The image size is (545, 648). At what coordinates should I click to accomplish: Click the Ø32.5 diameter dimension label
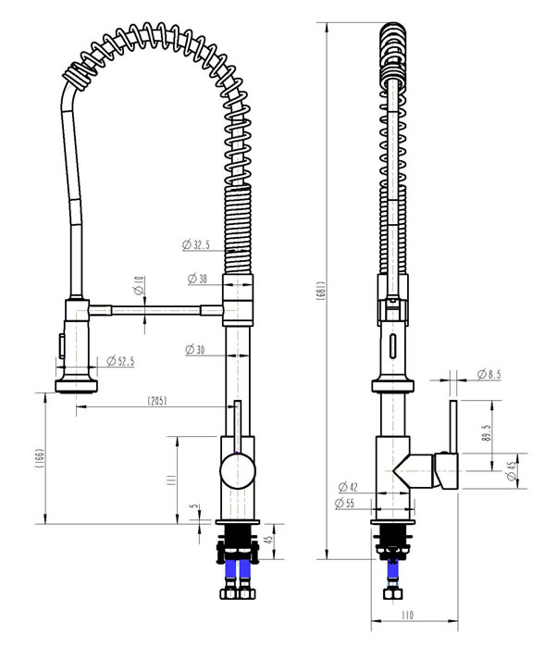(x=196, y=244)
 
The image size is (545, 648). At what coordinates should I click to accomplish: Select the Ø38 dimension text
(x=197, y=279)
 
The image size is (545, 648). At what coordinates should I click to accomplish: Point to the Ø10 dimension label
(x=139, y=285)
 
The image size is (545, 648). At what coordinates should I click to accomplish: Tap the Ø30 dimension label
(x=195, y=350)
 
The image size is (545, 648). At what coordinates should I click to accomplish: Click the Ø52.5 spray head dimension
(x=120, y=361)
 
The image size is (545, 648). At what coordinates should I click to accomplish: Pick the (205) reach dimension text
(x=157, y=401)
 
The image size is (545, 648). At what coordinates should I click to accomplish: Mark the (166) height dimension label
(x=40, y=457)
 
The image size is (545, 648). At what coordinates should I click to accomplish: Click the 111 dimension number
(x=171, y=480)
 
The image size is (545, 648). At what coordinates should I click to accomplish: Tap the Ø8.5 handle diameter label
(x=489, y=374)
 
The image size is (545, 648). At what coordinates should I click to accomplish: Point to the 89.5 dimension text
(x=486, y=433)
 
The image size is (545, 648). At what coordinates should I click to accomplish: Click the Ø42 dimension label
(x=348, y=487)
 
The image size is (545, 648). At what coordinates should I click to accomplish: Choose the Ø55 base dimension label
(x=344, y=503)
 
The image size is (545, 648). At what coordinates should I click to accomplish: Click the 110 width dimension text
(x=407, y=616)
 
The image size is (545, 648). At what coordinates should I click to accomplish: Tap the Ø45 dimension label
(x=512, y=471)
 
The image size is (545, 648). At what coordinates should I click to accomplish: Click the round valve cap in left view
(x=238, y=470)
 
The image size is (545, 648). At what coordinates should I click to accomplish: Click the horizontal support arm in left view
(x=155, y=310)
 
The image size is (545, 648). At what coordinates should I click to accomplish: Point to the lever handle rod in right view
(x=453, y=427)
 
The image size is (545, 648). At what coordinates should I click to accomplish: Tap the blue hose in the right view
(x=392, y=571)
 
